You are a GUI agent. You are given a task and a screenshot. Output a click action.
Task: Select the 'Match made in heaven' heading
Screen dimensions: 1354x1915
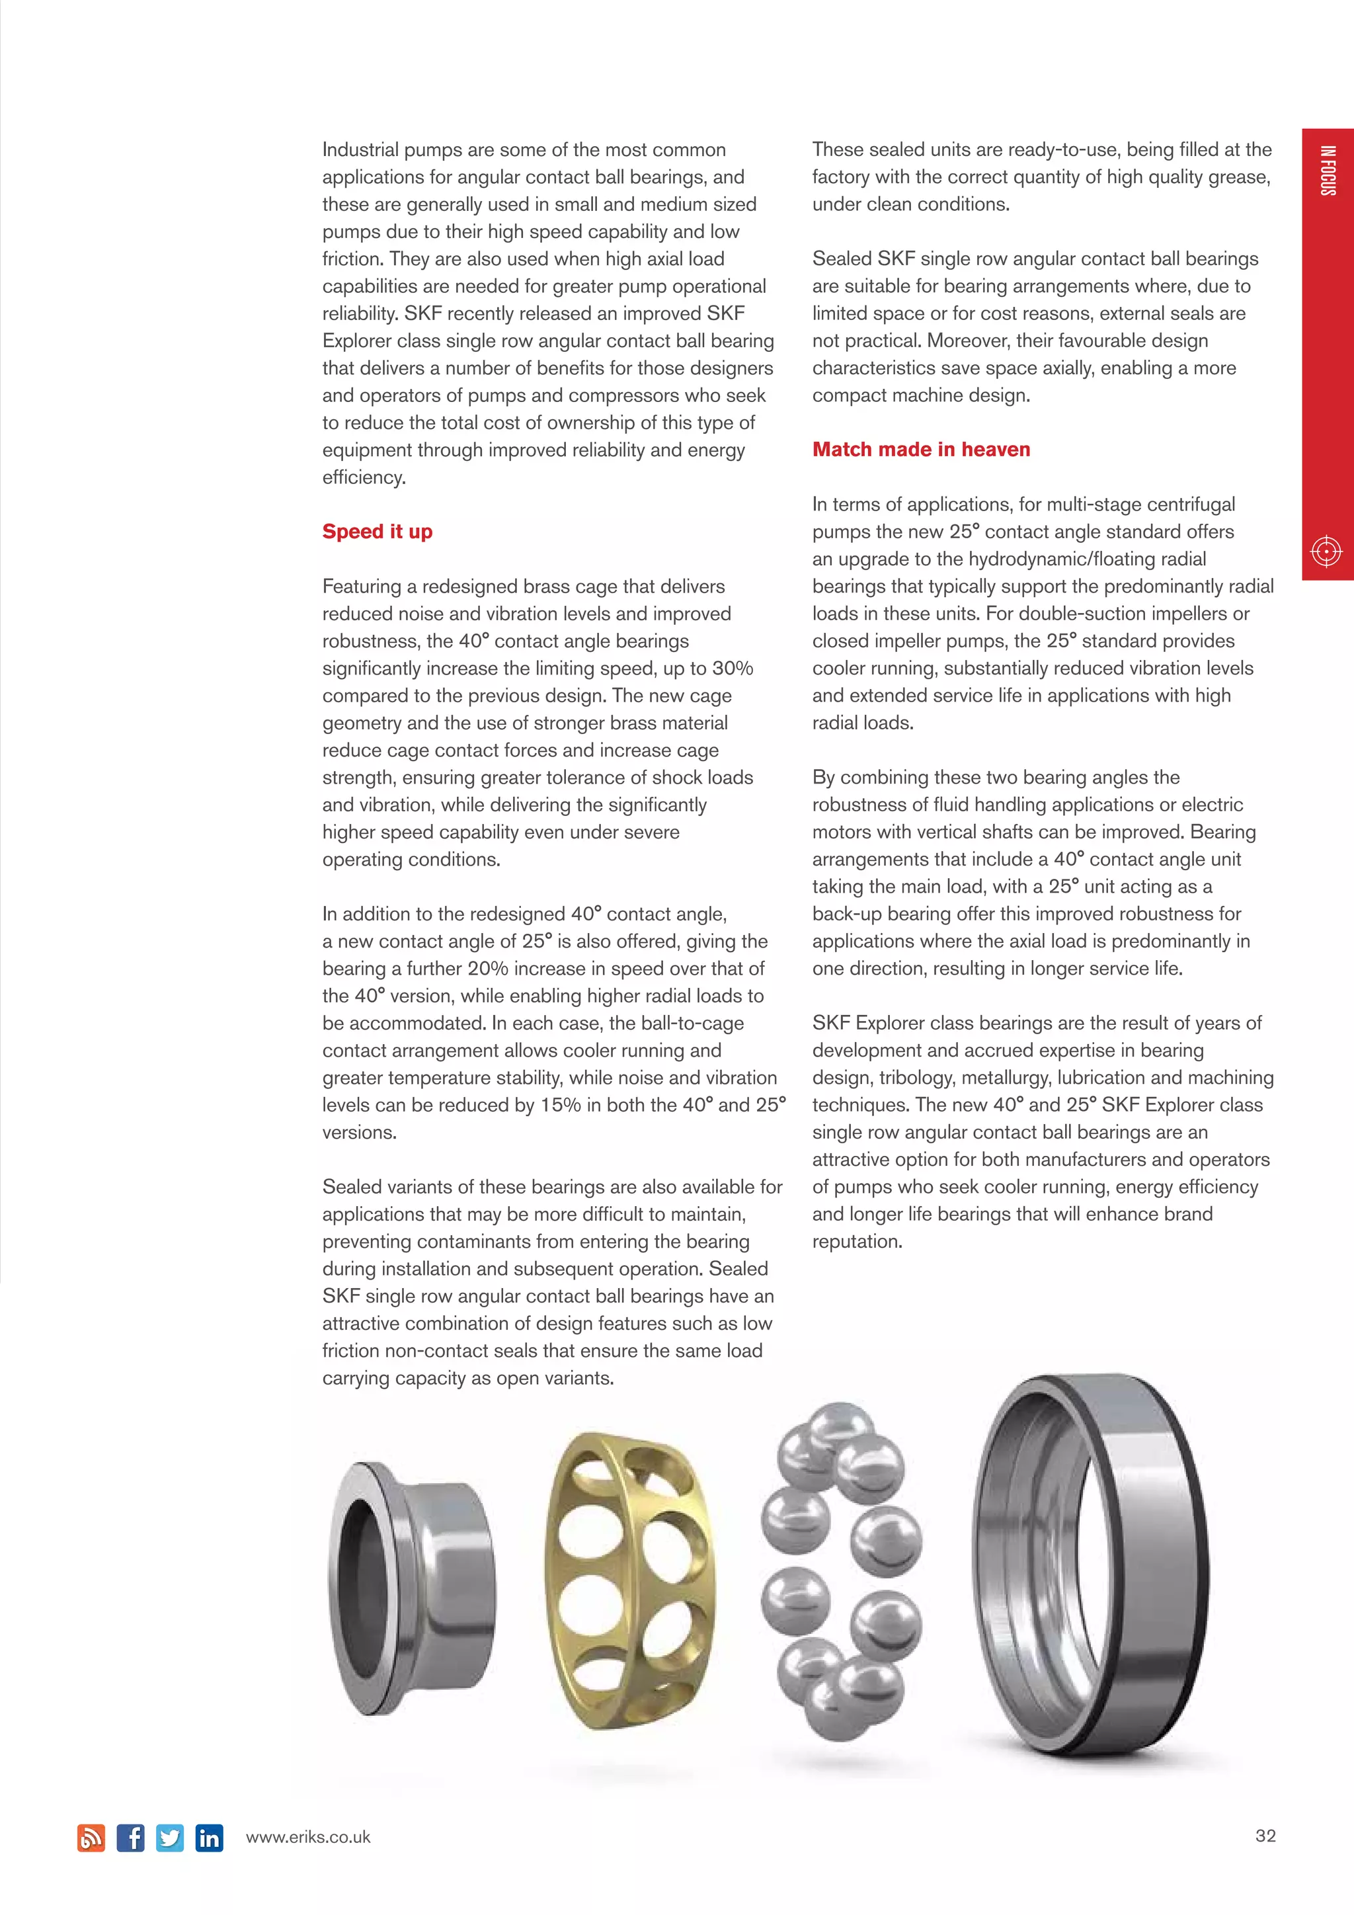click(920, 450)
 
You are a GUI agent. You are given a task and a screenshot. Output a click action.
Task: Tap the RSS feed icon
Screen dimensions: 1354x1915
click(91, 1838)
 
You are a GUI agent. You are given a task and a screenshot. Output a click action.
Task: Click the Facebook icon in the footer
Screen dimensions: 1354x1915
click(130, 1838)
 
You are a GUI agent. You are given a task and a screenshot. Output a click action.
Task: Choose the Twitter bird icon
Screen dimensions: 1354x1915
click(170, 1838)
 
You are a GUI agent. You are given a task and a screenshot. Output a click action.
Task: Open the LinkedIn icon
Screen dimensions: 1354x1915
click(210, 1838)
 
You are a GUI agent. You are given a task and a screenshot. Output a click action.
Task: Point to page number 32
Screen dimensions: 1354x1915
click(1265, 1836)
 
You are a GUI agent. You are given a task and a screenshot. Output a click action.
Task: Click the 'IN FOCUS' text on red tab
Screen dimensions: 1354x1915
click(1328, 171)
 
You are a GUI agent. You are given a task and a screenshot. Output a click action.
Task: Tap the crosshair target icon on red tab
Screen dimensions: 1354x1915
click(1326, 551)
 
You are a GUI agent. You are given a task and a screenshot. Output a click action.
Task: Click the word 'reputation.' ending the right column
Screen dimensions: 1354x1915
click(857, 1241)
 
